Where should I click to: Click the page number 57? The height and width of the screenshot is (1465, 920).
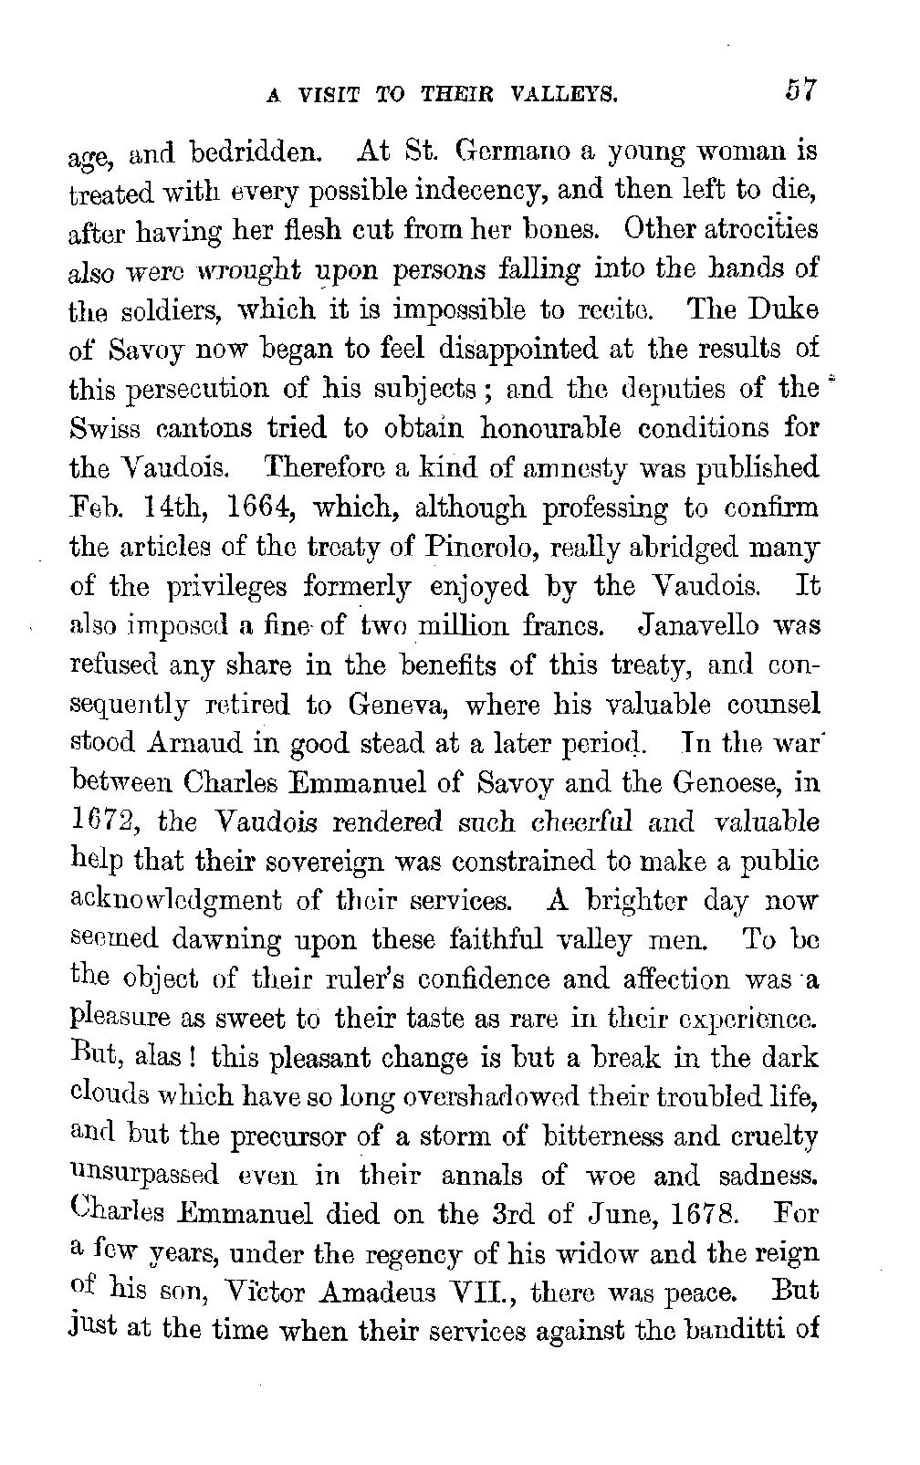pos(796,93)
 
